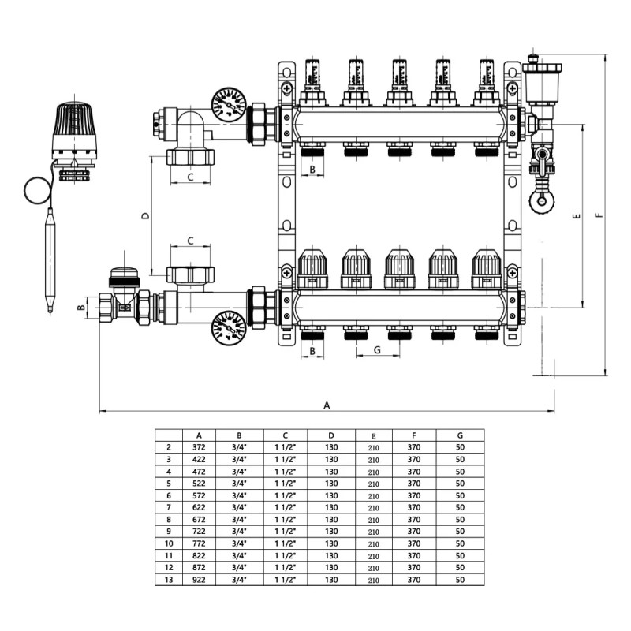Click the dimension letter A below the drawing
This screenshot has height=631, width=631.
[x=327, y=405]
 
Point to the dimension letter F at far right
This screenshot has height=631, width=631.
[x=599, y=215]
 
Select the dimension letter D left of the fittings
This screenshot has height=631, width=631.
[x=144, y=215]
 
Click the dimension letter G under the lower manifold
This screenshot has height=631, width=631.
[x=377, y=349]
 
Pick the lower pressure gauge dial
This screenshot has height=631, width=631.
[x=229, y=327]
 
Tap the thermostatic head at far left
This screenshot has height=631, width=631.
[x=76, y=126]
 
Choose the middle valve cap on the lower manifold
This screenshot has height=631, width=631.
[x=399, y=269]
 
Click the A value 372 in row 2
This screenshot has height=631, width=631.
[x=200, y=446]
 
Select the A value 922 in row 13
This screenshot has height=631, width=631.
[x=200, y=580]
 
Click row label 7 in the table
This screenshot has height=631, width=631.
[x=169, y=507]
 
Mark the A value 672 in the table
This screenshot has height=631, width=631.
[x=200, y=519]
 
